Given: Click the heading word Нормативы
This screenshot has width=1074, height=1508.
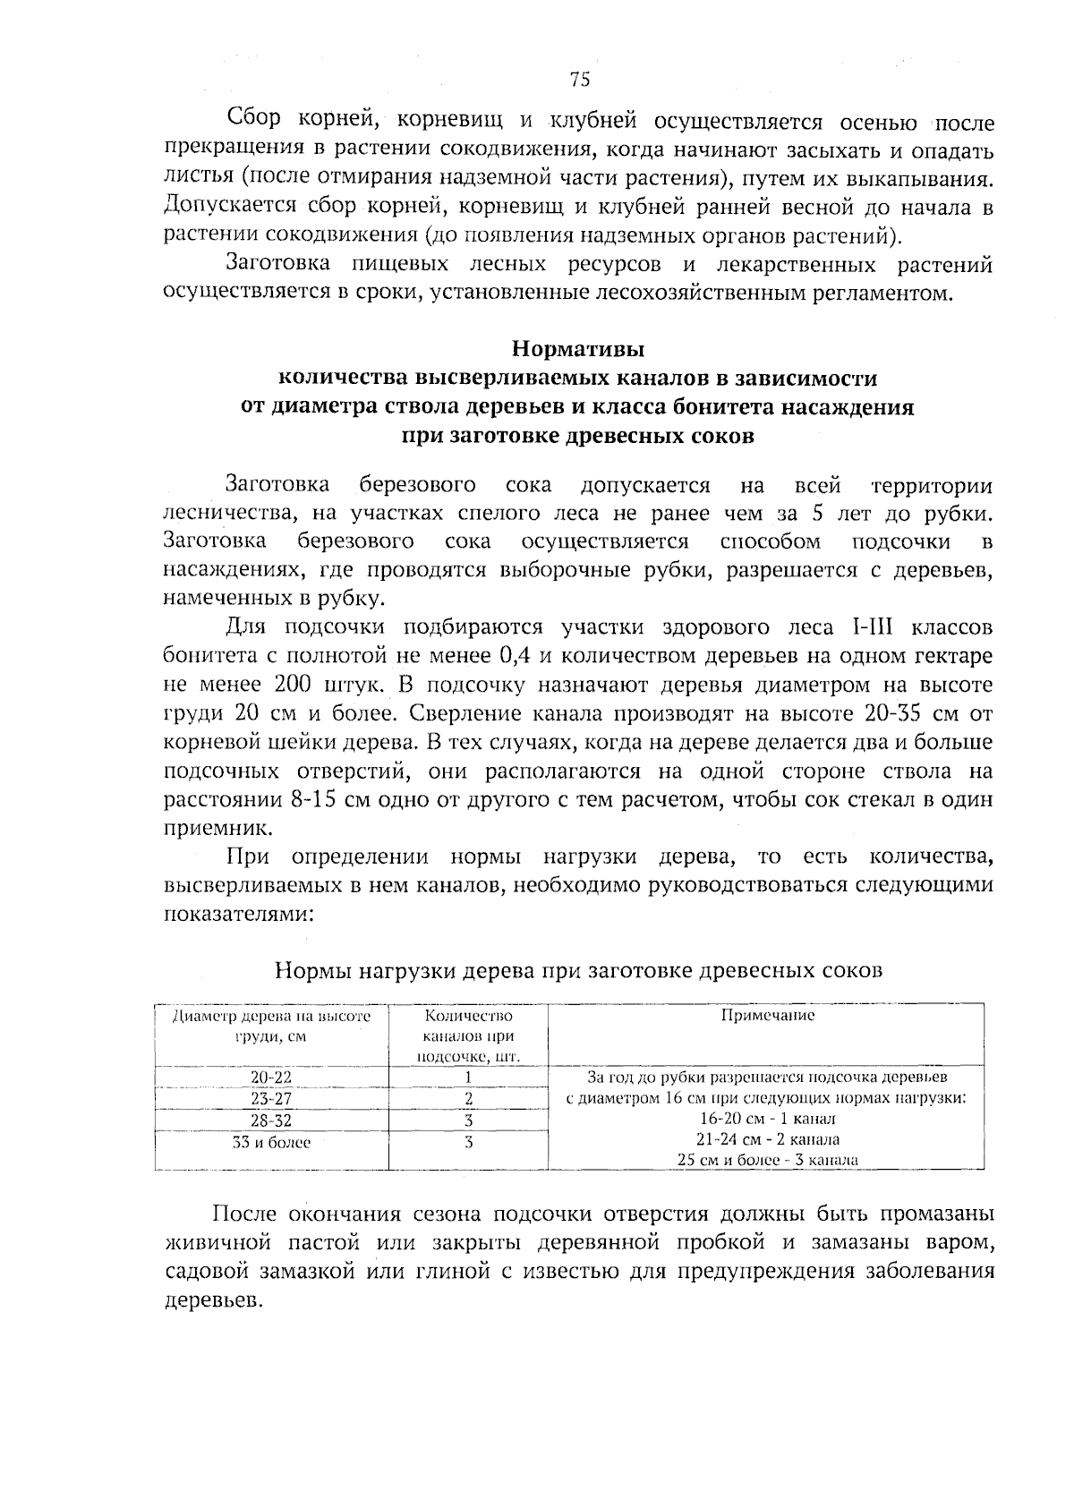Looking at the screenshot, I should [577, 347].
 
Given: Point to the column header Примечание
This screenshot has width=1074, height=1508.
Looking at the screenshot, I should [767, 1016].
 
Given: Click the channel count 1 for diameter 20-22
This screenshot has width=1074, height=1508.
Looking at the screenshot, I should [468, 1078].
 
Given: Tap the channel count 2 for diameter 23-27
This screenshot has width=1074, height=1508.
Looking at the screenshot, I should [468, 1099].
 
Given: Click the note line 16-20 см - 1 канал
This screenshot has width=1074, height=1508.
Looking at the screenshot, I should [767, 1119].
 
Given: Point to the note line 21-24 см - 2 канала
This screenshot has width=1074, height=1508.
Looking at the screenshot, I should [767, 1139].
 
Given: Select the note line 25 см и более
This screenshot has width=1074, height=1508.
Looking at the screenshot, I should [767, 1160].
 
